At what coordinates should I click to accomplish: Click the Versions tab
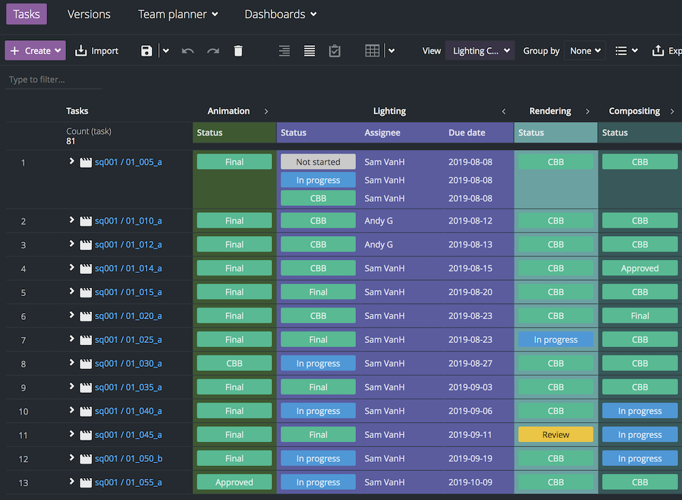click(89, 14)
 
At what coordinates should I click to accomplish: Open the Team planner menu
click(177, 14)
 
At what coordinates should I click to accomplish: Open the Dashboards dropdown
click(280, 14)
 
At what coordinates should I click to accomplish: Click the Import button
click(96, 50)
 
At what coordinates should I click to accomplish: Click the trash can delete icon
click(238, 50)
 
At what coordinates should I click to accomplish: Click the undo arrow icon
click(188, 50)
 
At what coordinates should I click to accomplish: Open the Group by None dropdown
click(584, 50)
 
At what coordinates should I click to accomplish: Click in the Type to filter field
click(53, 80)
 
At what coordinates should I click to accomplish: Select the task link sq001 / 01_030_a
click(128, 364)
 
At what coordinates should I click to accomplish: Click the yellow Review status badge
click(555, 435)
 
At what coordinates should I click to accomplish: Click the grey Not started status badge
click(318, 162)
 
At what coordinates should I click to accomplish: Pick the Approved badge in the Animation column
click(234, 482)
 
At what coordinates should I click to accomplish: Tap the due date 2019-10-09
click(470, 482)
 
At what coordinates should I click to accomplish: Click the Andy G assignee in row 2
click(379, 221)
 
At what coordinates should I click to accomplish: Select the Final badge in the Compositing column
click(639, 316)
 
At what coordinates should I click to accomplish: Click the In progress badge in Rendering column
click(555, 340)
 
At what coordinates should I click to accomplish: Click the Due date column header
click(466, 133)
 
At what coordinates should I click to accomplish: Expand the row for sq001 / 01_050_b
click(72, 458)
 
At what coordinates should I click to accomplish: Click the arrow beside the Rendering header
click(587, 111)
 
